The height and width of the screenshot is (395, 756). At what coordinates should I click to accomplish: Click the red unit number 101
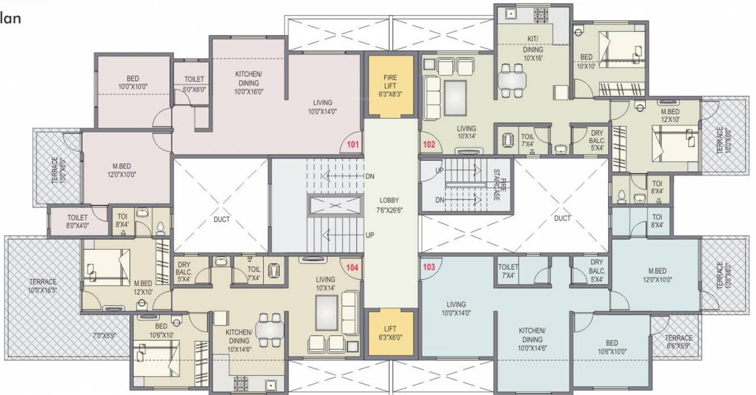[x=353, y=145]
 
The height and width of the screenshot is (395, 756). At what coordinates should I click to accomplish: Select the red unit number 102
[x=429, y=145]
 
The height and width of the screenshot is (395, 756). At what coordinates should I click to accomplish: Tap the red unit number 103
[x=429, y=267]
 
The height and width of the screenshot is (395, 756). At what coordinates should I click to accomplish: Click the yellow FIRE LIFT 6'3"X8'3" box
[x=390, y=86]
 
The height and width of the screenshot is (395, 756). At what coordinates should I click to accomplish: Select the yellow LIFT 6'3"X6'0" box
[x=390, y=333]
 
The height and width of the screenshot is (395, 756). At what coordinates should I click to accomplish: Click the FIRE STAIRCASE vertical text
[x=496, y=185]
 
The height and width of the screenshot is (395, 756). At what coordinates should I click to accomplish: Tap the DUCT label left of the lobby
[x=222, y=219]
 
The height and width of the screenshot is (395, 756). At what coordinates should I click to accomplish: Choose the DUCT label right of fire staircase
[x=562, y=218]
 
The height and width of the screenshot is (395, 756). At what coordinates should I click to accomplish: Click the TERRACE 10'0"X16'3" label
[x=43, y=286]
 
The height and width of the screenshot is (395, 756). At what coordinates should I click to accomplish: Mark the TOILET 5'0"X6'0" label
[x=194, y=84]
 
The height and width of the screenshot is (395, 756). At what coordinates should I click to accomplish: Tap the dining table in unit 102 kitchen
[x=512, y=80]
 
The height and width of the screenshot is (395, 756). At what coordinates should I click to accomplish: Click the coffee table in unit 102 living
[x=455, y=97]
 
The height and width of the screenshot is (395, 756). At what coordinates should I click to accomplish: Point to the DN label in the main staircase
[x=370, y=176]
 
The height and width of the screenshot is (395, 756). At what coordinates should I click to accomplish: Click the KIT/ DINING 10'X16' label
[x=532, y=49]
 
